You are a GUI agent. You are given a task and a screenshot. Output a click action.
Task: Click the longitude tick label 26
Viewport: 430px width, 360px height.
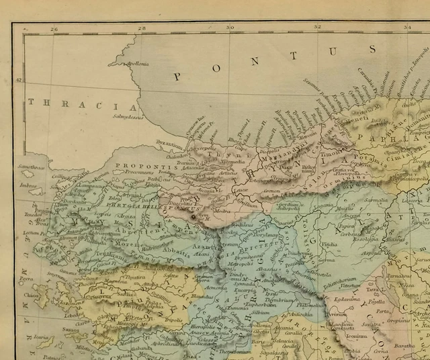tap(54, 28)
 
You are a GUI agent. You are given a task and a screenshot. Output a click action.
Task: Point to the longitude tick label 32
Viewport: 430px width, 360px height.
tap(318, 28)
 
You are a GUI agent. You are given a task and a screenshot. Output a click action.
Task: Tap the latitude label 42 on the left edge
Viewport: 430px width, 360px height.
tap(19, 81)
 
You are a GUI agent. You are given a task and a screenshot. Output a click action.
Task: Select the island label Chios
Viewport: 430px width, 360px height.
tap(31, 296)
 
